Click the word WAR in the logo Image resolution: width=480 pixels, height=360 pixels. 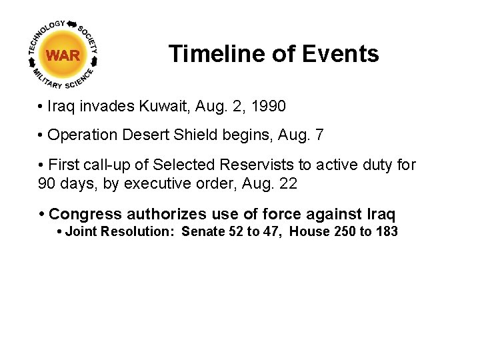64,55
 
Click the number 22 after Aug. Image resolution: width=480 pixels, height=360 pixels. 287,183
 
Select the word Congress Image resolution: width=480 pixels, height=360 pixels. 85,214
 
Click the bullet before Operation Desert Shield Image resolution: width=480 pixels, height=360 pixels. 41,135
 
